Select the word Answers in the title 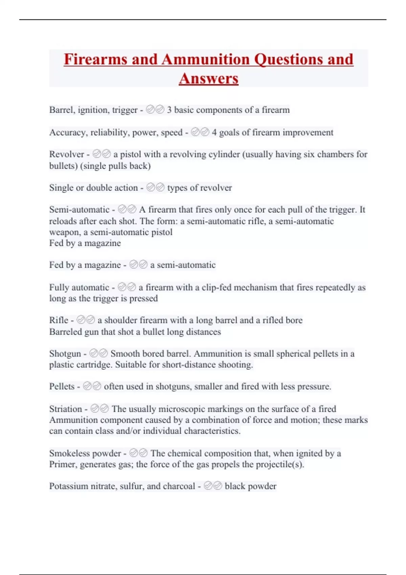coord(208,79)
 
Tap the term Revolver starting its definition coord(67,155)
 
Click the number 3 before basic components coord(169,110)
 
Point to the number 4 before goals coord(214,132)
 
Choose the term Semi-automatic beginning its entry coord(79,210)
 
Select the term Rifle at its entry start coord(59,320)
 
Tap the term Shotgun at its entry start coord(65,354)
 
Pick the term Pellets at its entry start coord(62,387)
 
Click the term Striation coord(66,409)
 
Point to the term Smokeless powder coord(85,453)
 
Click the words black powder coord(250,486)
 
